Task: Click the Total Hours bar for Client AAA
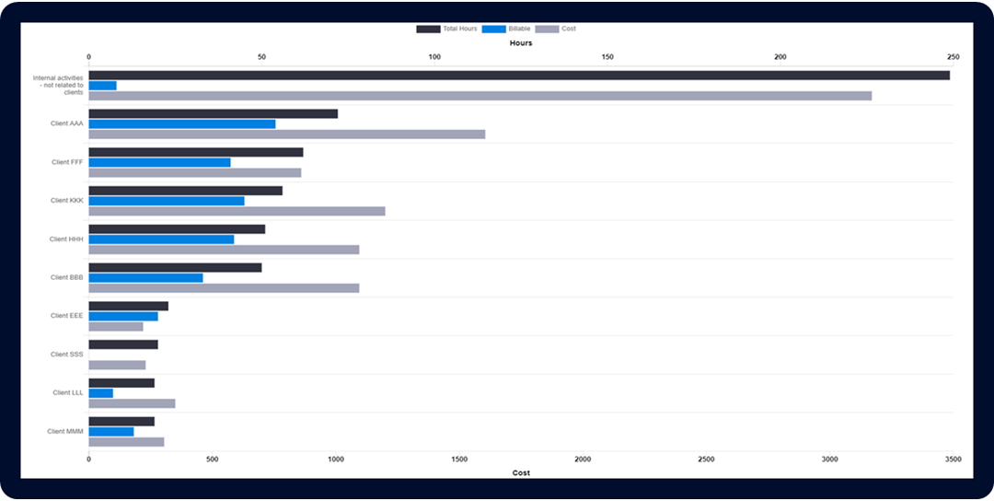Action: (213, 114)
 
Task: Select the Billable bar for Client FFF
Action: (159, 162)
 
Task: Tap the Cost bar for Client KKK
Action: (237, 211)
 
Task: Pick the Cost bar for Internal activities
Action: (480, 96)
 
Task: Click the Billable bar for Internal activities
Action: (102, 86)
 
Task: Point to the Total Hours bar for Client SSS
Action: (123, 344)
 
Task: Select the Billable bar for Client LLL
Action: (100, 393)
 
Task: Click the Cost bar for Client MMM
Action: (126, 441)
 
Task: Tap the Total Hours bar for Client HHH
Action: (177, 229)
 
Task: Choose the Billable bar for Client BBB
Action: (145, 277)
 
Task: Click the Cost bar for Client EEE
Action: (116, 326)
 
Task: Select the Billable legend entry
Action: (506, 29)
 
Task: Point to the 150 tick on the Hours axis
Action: (607, 57)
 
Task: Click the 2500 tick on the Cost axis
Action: (706, 459)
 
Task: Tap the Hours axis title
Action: (521, 43)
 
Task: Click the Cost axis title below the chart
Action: (521, 472)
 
